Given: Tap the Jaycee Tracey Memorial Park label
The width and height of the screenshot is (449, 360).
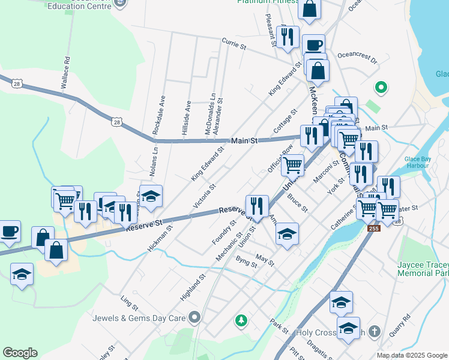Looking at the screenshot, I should coord(423,269).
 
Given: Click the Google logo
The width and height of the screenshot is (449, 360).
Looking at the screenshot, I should coord(20,353).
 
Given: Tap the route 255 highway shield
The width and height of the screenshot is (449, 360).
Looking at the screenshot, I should coord(375,229).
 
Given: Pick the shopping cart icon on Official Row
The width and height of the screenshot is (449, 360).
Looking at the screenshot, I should coord(292,164).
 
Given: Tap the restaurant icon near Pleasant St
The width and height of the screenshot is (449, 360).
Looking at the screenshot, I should coord(288,36).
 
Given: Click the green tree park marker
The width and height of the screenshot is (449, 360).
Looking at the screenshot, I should coord(241,321).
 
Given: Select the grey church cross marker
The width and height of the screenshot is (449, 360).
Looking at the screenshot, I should coord(374,331).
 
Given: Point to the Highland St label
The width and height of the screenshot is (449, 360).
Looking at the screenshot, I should coord(193,287).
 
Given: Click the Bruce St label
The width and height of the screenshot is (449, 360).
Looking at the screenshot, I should coord(297,202).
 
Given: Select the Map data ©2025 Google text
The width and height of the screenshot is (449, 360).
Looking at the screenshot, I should coord(411,355).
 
